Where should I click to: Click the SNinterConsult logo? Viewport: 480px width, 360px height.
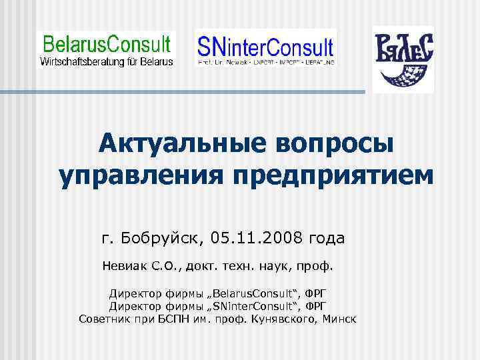(x=265, y=48)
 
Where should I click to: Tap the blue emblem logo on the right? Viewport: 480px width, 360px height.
(x=403, y=59)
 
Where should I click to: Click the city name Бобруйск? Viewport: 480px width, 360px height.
(x=160, y=237)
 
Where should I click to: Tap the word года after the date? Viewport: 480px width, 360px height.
(x=325, y=237)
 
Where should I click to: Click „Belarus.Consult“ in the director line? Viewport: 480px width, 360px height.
(x=251, y=294)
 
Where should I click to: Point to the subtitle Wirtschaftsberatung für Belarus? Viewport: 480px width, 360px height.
(x=107, y=61)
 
